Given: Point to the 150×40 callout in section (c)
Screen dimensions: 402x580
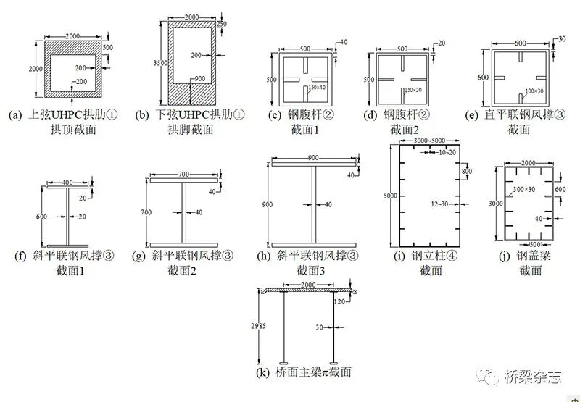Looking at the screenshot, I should click(315, 88).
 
